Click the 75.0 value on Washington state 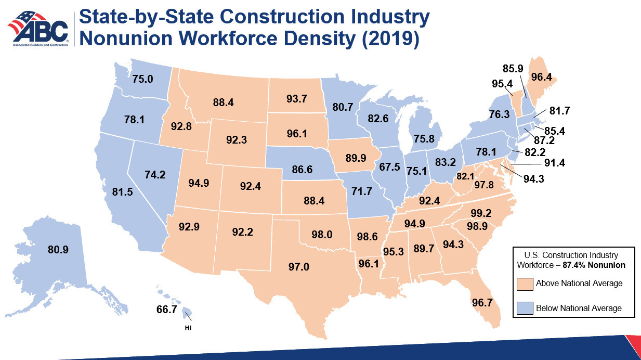(143, 79)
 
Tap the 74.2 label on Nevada (155, 174)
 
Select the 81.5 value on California (123, 192)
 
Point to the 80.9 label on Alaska (58, 250)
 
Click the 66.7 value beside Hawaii (167, 310)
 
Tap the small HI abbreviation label (188, 328)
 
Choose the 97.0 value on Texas (299, 267)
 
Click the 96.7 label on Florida (482, 303)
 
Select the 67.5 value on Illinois (389, 167)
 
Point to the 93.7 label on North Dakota (297, 99)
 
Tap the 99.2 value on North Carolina (481, 213)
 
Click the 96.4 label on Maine (542, 77)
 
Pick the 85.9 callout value (513, 69)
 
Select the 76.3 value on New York (500, 114)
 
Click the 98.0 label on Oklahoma (322, 235)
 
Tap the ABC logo (38, 29)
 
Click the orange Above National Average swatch (525, 284)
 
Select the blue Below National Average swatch (525, 308)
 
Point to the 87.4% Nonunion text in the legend (594, 265)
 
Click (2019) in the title (390, 39)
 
